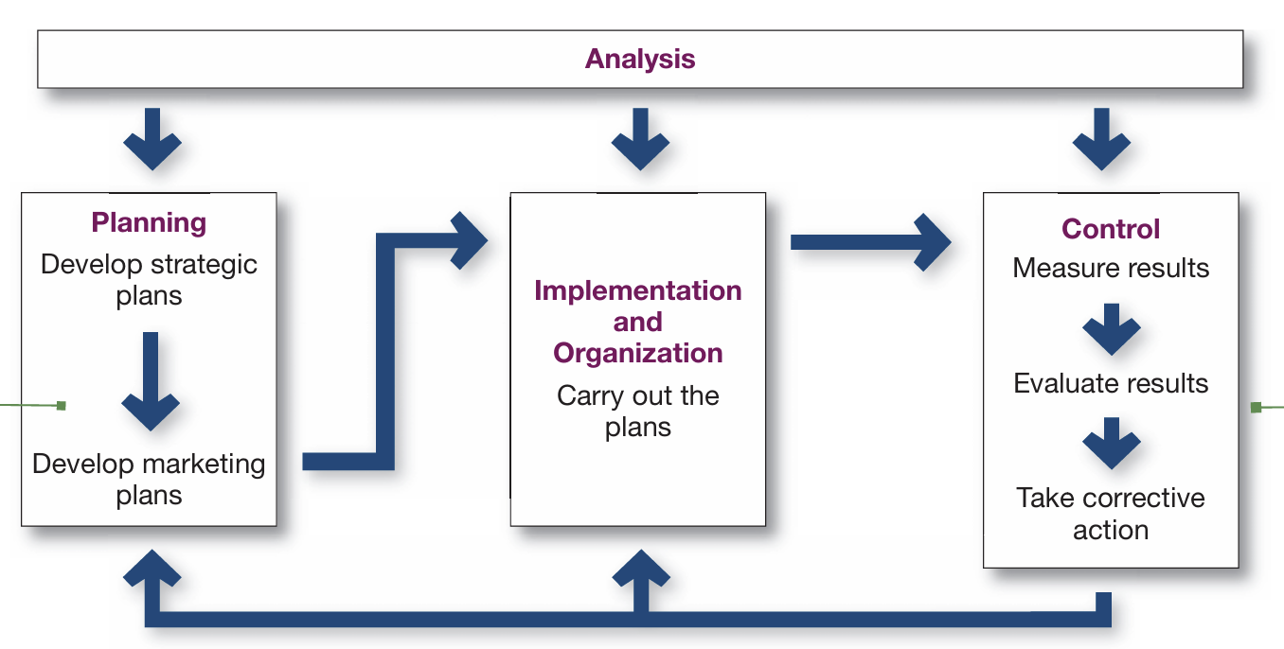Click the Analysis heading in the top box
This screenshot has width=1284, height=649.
tap(640, 60)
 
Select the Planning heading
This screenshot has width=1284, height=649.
tap(149, 223)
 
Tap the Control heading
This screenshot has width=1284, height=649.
tap(1111, 229)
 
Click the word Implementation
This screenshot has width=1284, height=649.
tap(638, 290)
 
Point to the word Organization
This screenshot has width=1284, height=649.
tap(638, 354)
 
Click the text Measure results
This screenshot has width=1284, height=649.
tap(1111, 268)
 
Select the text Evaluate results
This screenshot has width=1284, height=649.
tap(1111, 383)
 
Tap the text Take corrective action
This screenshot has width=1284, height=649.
tap(1111, 514)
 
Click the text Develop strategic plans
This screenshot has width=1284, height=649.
tap(149, 280)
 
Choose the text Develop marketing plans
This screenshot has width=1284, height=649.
tap(149, 480)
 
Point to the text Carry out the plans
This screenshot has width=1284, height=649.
tap(638, 412)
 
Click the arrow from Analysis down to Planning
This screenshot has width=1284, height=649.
tap(152, 139)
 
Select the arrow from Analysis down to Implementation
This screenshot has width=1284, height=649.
tap(640, 139)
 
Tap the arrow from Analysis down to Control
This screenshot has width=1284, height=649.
tap(1101, 139)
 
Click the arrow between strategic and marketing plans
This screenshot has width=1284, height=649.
tap(151, 381)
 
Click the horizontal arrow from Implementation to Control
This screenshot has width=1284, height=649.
tap(871, 242)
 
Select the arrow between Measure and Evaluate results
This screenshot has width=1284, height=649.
tap(1112, 329)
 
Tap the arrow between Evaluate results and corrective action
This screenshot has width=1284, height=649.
tap(1112, 444)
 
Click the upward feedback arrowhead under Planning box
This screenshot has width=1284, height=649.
tap(152, 569)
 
